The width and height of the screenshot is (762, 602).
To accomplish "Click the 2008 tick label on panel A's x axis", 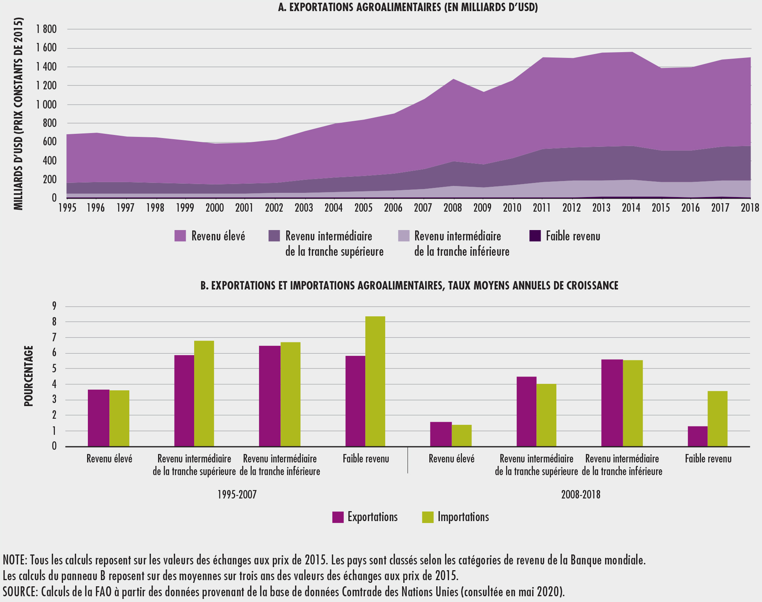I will coord(453,208).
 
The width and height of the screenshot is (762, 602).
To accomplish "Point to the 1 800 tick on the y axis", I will coord(46,30).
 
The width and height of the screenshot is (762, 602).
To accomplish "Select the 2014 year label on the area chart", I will coord(631,208).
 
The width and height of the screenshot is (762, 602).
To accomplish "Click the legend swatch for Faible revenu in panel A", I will coord(535,236).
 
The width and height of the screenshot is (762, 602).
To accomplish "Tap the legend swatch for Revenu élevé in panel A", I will coord(180,236).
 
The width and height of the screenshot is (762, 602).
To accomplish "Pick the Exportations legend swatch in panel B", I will coord(338,517).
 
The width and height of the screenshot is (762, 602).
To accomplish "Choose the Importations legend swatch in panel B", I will coord(427,517).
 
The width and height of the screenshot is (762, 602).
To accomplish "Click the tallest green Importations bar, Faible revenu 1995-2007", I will coord(375,381).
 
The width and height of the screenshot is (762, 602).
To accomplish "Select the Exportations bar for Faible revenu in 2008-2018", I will coord(697,436).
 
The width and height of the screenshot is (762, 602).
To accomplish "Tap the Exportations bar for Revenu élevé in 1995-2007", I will coord(99,418).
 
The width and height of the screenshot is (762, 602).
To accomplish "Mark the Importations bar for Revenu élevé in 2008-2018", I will coord(462,436).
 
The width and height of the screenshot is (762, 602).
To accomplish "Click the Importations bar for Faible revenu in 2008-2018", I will coord(717,419).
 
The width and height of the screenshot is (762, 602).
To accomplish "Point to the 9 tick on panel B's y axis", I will coord(54,306).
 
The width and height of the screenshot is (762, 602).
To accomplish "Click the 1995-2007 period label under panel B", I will coord(237,495).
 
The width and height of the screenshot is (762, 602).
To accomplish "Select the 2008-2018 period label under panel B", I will coord(581,495).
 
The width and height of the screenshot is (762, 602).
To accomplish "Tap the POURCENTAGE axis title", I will coord(29,376).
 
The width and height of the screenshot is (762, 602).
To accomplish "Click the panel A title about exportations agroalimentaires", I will coord(408,8).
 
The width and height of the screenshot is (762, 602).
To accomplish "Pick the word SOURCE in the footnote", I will coord(19,592).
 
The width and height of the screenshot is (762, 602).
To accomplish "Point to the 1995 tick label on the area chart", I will coord(67,208).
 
